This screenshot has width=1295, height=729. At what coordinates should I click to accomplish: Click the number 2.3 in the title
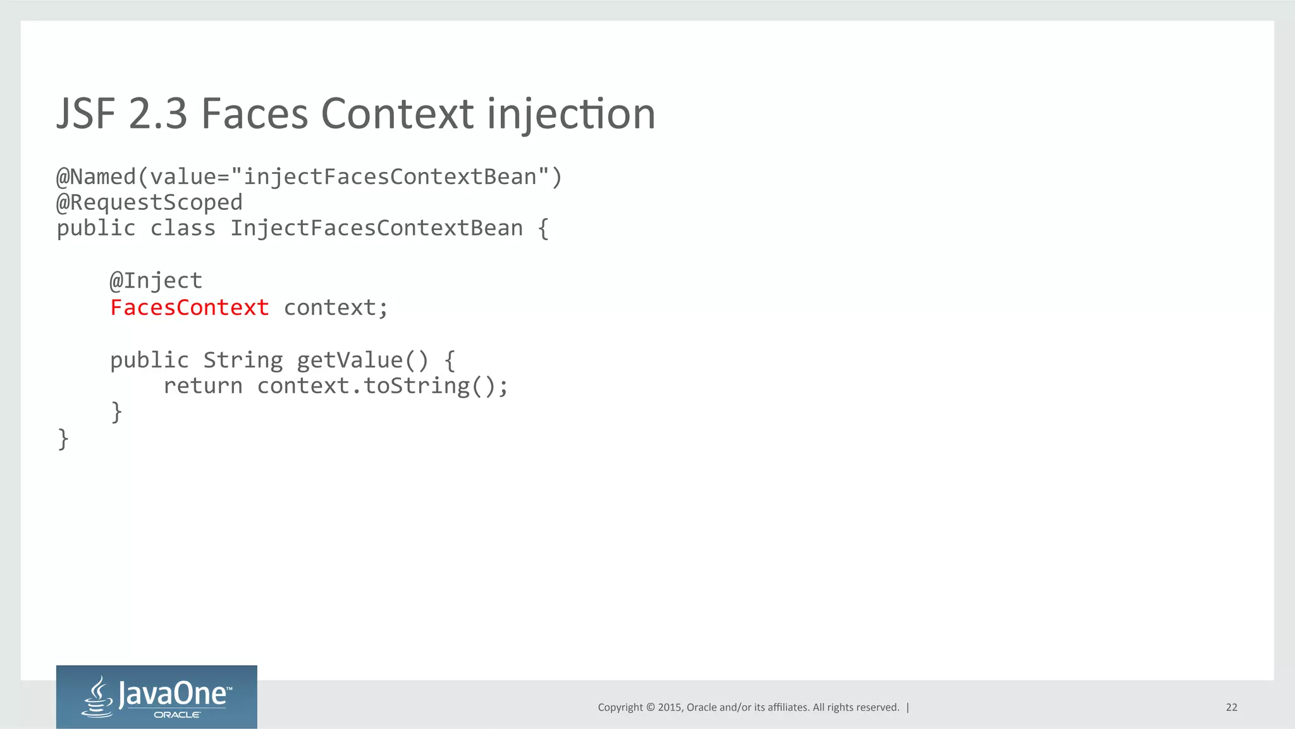click(x=158, y=114)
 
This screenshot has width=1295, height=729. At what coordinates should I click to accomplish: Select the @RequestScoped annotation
click(x=149, y=202)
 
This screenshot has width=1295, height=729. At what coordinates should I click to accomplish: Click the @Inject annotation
click(x=156, y=281)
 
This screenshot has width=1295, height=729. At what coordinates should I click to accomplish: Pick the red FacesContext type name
click(x=190, y=308)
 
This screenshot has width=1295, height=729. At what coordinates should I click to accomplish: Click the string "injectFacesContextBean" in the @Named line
click(x=390, y=177)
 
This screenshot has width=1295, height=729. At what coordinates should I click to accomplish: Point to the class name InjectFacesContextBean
click(x=376, y=228)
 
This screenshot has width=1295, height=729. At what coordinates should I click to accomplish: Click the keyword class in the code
click(x=183, y=228)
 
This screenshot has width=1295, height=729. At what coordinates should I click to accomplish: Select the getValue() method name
click(x=362, y=360)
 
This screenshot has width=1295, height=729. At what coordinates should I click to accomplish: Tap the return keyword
click(x=202, y=386)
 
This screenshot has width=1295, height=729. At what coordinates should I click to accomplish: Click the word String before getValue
click(x=243, y=360)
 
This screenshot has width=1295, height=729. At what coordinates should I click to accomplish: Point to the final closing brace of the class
click(x=63, y=438)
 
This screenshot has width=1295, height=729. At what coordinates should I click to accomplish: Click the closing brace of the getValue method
click(x=116, y=412)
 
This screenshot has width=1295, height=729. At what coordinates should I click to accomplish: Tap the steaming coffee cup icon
click(x=98, y=697)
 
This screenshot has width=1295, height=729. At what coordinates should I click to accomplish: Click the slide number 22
click(x=1231, y=708)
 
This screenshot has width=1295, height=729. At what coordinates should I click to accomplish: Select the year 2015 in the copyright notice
click(x=670, y=708)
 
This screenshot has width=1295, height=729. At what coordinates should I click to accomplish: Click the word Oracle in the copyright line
click(x=701, y=708)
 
